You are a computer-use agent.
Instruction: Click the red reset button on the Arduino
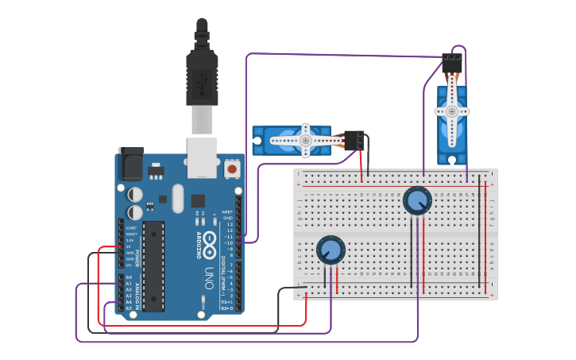click(232, 168)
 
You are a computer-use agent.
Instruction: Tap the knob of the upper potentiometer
click(416, 200)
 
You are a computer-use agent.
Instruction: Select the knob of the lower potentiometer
click(331, 250)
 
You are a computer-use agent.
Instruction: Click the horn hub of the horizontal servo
click(305, 141)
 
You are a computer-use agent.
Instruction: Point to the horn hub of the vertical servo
click(452, 111)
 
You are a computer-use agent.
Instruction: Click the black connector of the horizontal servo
click(354, 141)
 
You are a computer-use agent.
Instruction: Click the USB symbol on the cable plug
click(202, 80)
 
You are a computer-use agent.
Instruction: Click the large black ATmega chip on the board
click(154, 265)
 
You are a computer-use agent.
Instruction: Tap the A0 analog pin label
click(129, 277)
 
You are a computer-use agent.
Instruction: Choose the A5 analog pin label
click(129, 308)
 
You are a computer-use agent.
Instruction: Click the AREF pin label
click(228, 212)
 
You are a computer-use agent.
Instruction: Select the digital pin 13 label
click(230, 225)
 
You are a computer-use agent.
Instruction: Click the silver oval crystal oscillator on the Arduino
click(177, 199)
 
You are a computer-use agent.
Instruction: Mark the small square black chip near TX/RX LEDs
click(198, 201)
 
